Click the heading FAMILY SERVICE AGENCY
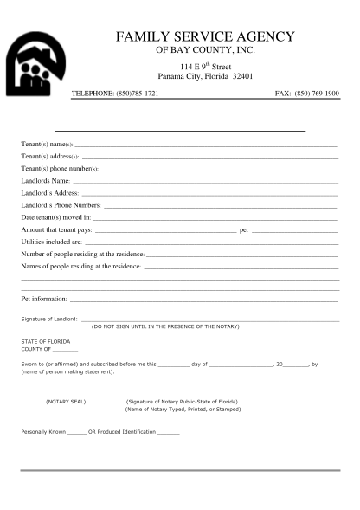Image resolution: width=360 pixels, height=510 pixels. coord(205,37)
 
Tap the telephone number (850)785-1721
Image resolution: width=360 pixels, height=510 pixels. coord(138,93)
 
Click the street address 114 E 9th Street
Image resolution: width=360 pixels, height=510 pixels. coord(205,66)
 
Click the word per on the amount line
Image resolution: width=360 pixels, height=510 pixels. coord(244,229)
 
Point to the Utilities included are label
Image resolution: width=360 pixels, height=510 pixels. coord(51,242)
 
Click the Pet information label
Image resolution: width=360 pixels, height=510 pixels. coord(43,299)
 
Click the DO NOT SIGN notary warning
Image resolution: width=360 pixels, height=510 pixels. coord(165,326)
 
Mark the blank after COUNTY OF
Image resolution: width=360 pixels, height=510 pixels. coord(66,349)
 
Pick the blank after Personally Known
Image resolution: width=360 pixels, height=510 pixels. coord(76,430)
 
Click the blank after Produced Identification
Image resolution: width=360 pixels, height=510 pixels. coord(169,430)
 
